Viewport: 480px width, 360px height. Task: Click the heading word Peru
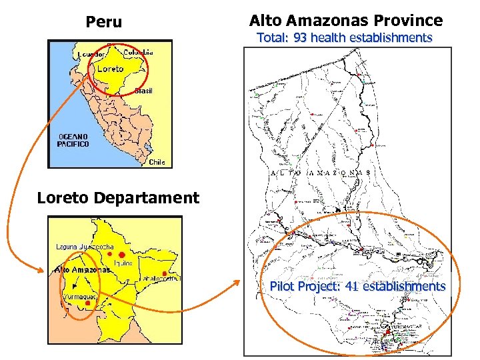104,22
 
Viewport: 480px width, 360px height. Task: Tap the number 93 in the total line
300,38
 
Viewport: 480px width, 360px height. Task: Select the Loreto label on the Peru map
110,68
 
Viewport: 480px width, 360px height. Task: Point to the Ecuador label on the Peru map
91,54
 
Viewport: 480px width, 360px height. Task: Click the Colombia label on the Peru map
138,52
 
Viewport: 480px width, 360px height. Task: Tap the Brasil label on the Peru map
143,91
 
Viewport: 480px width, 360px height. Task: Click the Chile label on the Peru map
157,161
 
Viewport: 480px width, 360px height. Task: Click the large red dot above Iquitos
122,255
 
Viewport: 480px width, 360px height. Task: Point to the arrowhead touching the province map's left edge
237,281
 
